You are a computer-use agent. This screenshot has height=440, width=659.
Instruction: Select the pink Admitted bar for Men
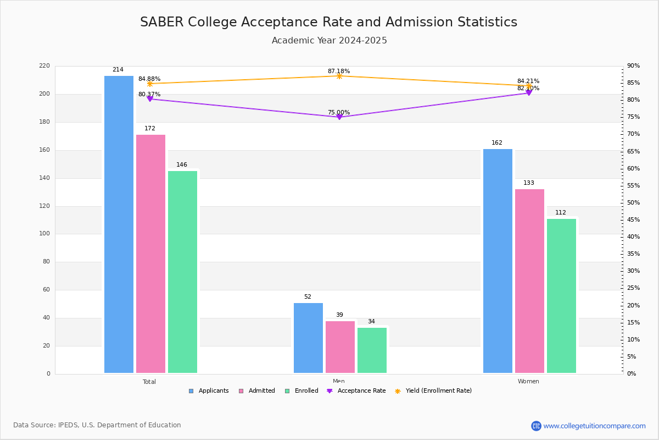tap(340, 347)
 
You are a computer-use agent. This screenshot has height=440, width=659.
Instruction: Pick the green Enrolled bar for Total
tap(182, 272)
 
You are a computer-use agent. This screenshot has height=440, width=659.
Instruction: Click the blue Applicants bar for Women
tap(498, 261)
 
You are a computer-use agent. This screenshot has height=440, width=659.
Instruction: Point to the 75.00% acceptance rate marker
tap(339, 117)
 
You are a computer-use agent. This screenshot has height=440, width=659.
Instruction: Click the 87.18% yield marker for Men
tap(339, 76)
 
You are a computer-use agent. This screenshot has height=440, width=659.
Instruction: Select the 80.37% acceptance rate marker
tap(149, 99)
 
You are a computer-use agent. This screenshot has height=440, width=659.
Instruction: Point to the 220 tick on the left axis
tap(44, 66)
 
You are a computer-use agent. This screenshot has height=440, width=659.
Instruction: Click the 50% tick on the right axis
tap(633, 203)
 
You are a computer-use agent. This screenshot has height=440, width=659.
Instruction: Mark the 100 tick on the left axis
tap(44, 234)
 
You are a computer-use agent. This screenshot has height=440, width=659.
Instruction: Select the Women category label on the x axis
tap(528, 382)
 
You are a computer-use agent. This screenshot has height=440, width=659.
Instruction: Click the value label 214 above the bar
tap(118, 70)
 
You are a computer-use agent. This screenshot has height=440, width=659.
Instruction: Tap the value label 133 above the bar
tap(529, 183)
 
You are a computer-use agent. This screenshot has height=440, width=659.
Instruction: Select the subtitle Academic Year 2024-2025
tap(329, 41)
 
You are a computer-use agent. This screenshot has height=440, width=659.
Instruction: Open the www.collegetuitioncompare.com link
tap(594, 426)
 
